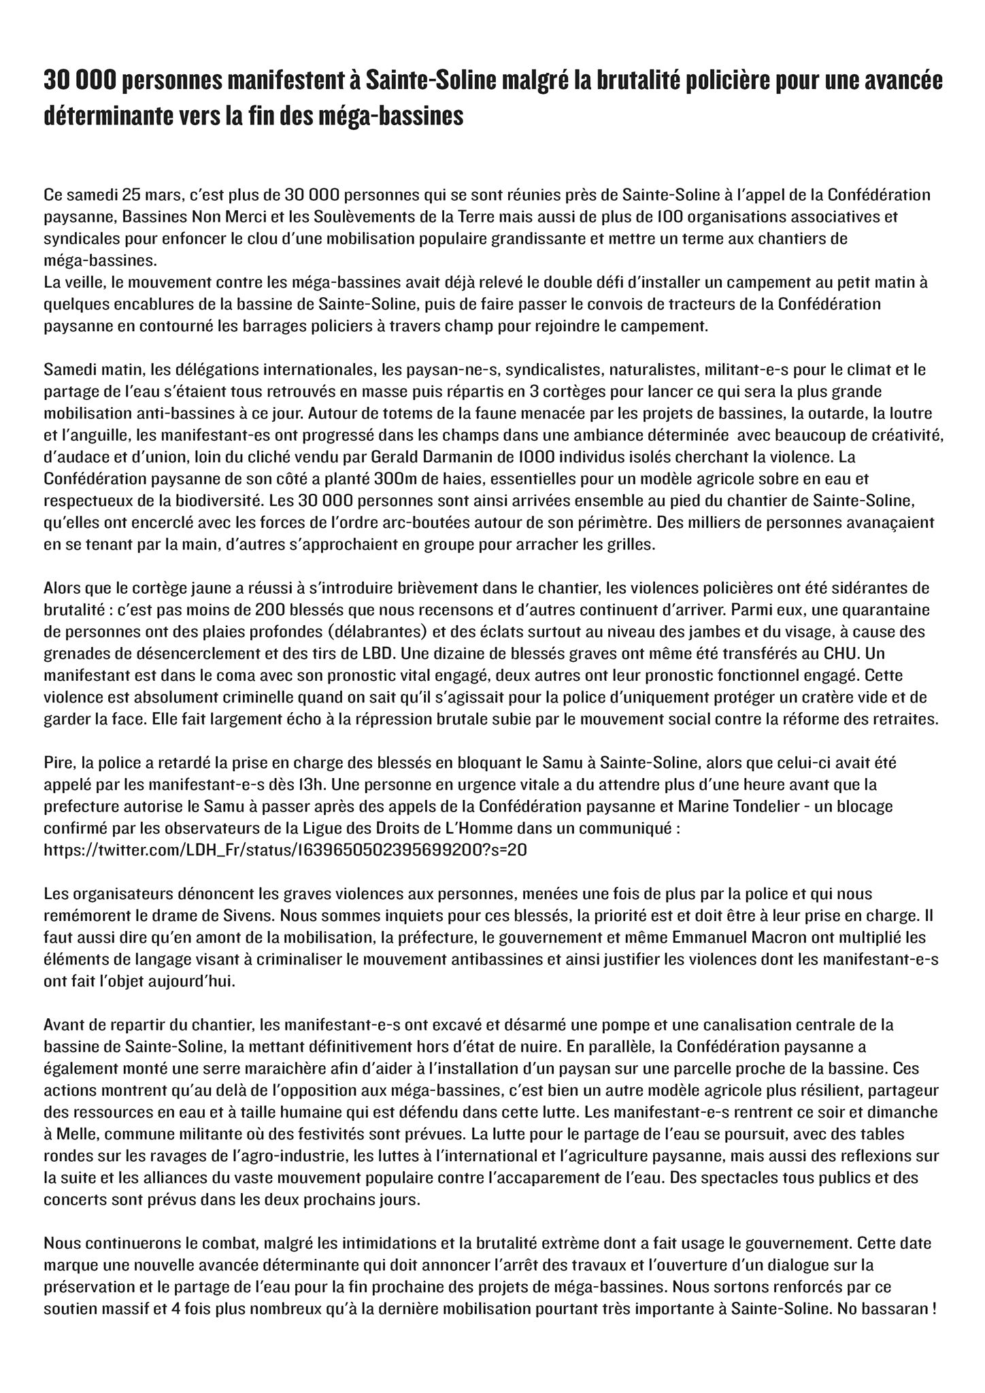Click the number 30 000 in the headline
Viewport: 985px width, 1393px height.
click(x=81, y=81)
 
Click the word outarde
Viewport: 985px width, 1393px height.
click(x=825, y=413)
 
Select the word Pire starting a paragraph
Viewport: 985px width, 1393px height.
click(x=59, y=763)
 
